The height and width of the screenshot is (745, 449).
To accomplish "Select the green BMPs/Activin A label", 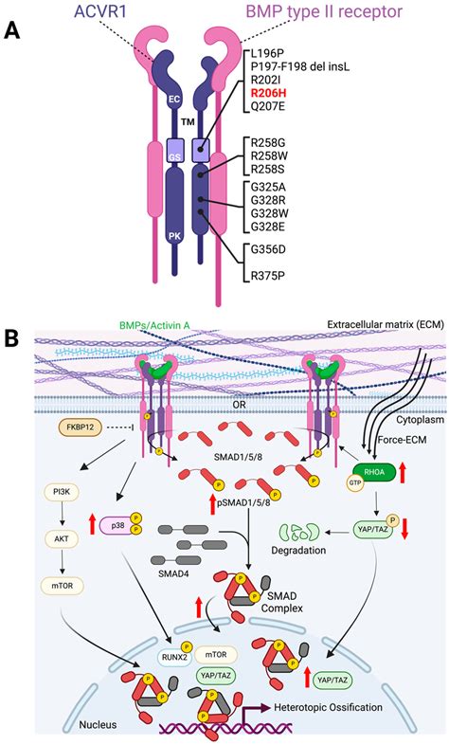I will pyautogui.click(x=156, y=350).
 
